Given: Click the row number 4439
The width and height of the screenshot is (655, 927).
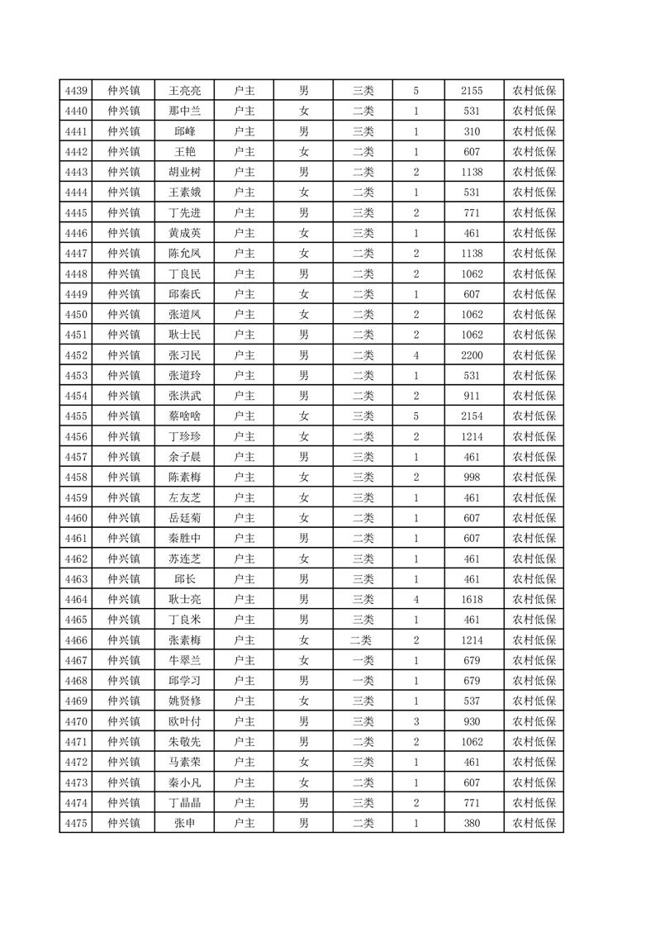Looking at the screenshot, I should click(x=76, y=91).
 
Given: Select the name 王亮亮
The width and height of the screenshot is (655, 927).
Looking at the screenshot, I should click(x=185, y=91).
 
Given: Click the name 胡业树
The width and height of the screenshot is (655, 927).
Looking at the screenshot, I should click(x=185, y=172).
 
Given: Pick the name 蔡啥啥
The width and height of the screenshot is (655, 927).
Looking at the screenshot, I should click(x=185, y=416).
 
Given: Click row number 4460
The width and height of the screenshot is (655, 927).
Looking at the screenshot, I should click(x=76, y=518).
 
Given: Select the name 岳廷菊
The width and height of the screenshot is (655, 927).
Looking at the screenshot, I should click(x=185, y=518).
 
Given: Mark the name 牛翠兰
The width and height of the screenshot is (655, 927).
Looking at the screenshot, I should click(x=185, y=660).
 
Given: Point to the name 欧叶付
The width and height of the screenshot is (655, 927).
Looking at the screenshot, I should click(x=185, y=721).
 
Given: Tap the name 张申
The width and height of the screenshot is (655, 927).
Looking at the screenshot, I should click(x=185, y=823).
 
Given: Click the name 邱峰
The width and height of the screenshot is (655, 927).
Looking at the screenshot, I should click(x=185, y=131).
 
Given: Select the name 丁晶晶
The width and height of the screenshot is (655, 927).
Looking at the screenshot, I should click(x=185, y=802).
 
